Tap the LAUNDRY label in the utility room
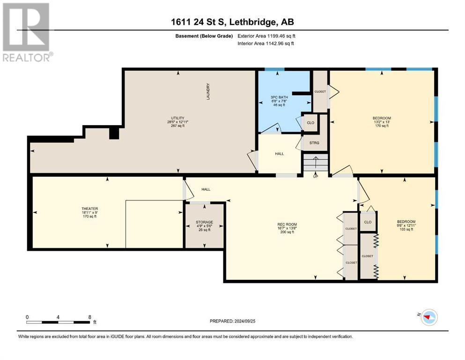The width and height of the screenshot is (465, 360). click(207, 91)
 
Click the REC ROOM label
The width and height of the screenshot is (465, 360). click(285, 224)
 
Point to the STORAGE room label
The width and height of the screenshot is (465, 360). click(204, 222)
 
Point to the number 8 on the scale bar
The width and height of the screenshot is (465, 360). click(89, 317)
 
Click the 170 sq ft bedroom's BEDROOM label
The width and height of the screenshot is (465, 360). click(382, 118)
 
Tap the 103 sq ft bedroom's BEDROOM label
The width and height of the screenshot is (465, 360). click(406, 222)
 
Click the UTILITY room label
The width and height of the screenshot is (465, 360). click(177, 118)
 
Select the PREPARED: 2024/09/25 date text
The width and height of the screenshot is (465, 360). click(233, 321)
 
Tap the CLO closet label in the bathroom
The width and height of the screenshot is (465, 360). click(310, 123)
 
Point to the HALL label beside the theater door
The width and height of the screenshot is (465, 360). click(206, 189)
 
